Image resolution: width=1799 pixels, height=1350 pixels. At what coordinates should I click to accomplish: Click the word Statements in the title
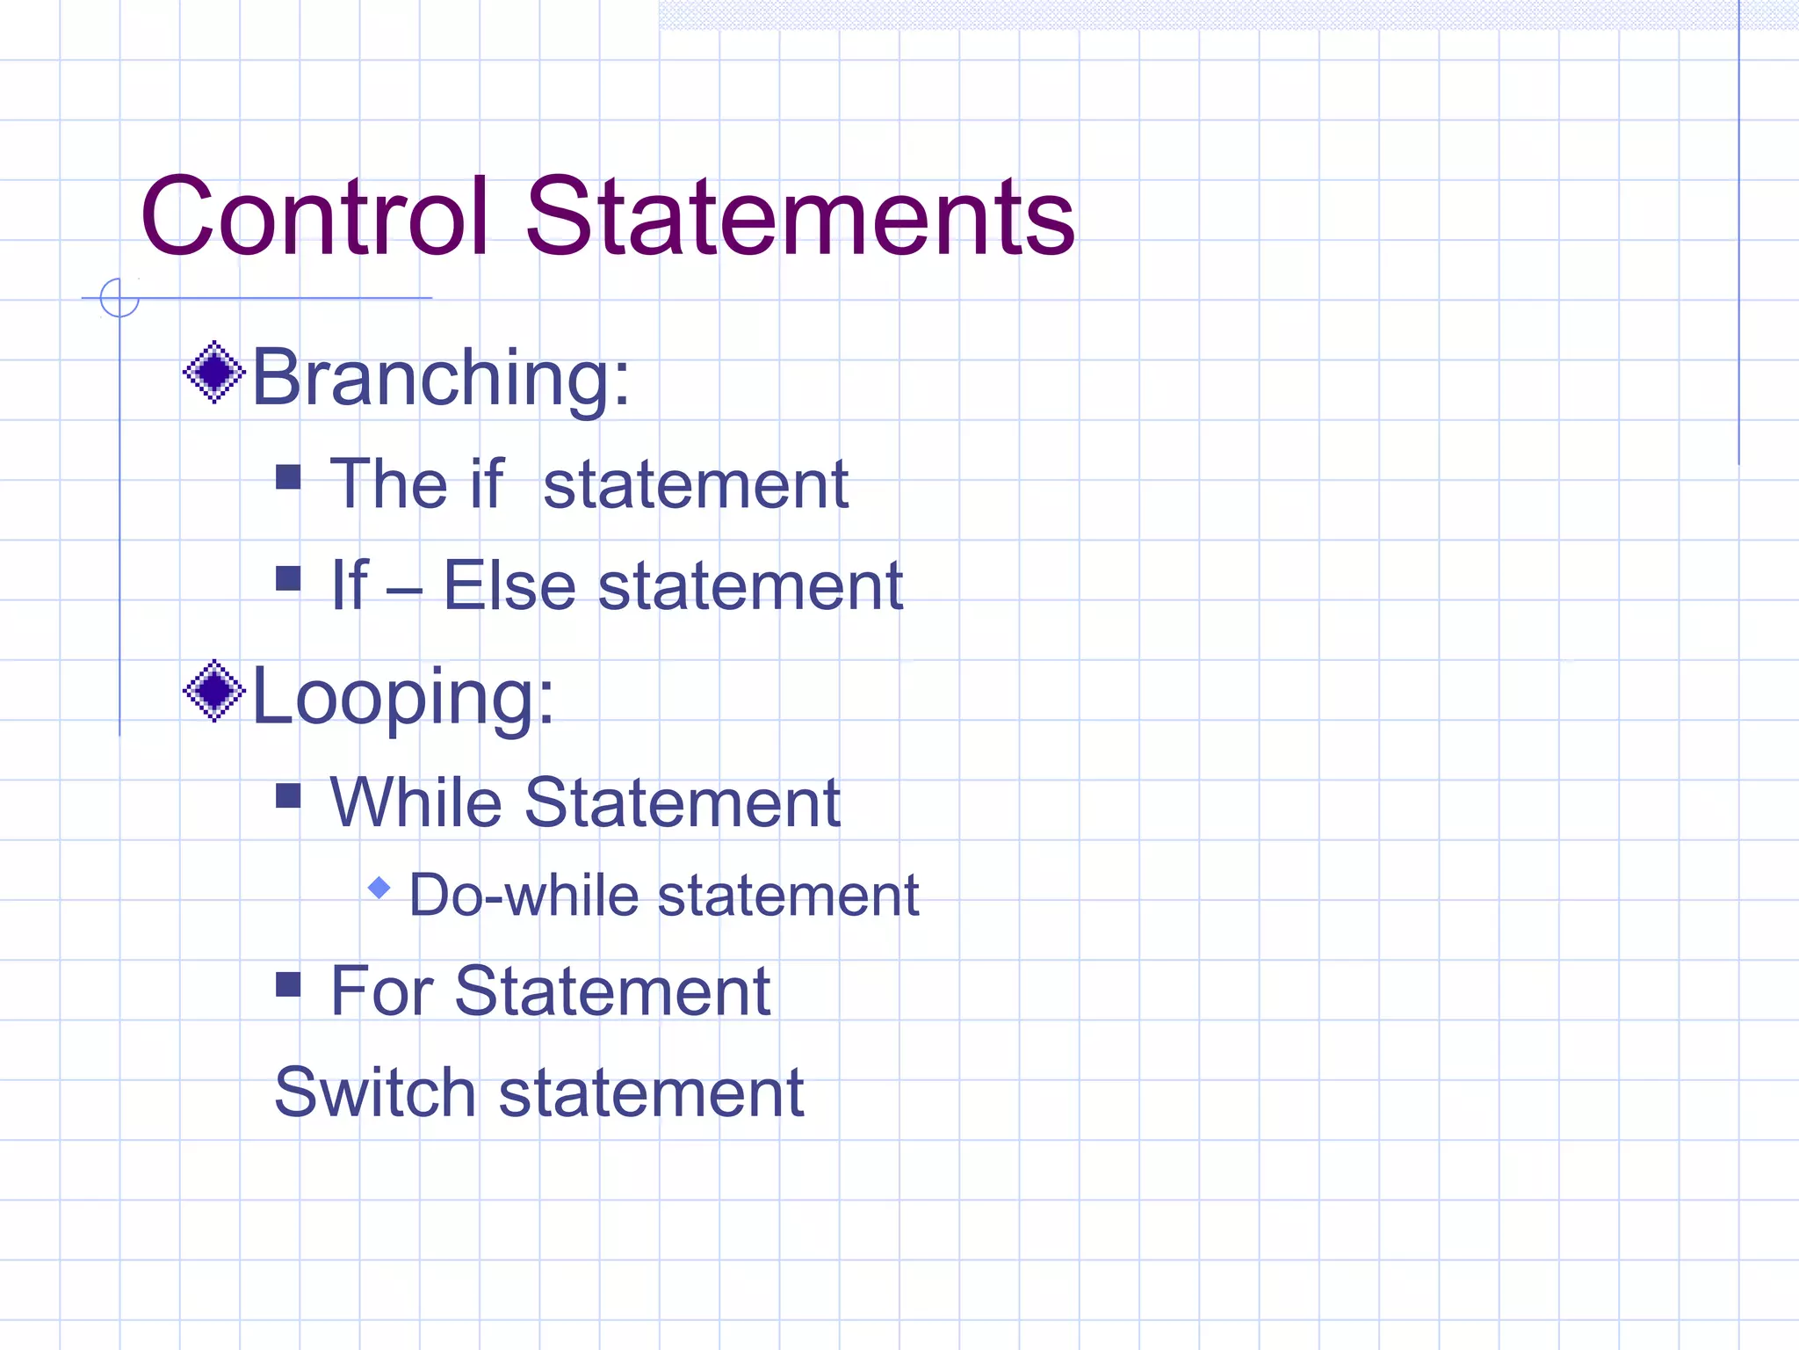[x=799, y=216]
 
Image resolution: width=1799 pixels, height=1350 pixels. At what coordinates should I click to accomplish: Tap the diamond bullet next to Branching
[x=213, y=373]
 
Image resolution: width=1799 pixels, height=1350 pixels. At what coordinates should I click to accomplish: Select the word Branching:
[x=441, y=378]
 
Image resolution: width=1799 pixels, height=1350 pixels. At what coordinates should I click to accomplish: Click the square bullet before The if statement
[x=288, y=477]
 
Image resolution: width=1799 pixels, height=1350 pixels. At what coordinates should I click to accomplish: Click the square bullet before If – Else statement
[x=288, y=578]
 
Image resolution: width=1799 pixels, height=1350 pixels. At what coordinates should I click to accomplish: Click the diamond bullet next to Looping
[x=213, y=691]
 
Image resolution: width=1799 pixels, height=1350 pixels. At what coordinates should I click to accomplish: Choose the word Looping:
[x=403, y=697]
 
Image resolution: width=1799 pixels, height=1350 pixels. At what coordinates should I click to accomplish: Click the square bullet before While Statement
[x=288, y=795]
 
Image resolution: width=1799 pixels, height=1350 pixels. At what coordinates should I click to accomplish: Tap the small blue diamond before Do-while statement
[x=379, y=888]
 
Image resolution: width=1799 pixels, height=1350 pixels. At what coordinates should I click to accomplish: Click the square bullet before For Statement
[x=288, y=984]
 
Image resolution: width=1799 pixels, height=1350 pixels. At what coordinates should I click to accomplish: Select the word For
[x=381, y=991]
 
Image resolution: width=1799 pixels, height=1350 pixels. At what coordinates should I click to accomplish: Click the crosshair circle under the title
[x=119, y=298]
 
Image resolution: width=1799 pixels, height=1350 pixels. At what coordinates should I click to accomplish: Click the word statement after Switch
[x=651, y=1092]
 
